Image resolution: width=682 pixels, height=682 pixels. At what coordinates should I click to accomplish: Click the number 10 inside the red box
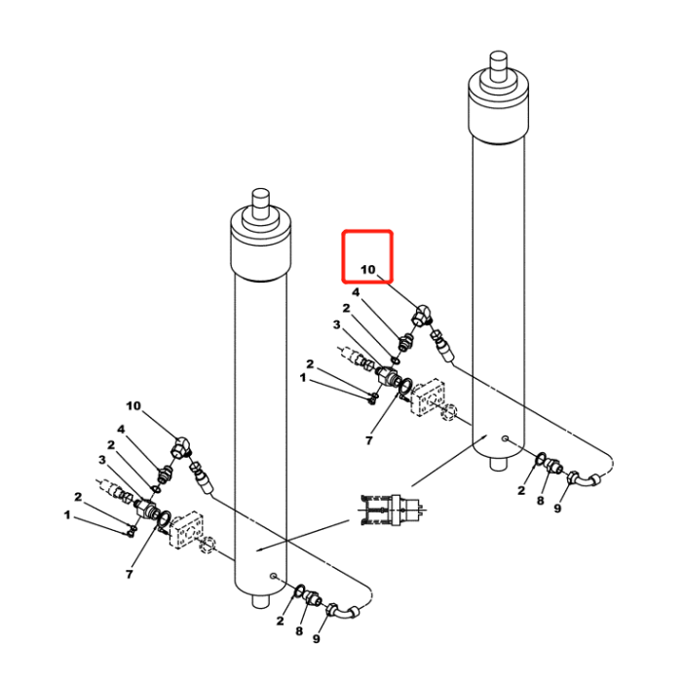click(367, 270)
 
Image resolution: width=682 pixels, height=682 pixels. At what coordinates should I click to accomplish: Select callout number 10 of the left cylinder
click(133, 405)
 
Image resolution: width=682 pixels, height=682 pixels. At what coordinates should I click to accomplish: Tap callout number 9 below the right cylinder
click(558, 508)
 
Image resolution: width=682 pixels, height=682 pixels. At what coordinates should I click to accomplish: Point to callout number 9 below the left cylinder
click(316, 639)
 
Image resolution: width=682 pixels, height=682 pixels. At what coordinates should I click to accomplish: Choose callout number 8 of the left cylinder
click(299, 630)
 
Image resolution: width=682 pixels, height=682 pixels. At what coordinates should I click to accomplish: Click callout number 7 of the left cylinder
click(129, 575)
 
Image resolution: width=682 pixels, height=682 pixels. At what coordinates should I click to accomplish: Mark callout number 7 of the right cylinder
click(369, 441)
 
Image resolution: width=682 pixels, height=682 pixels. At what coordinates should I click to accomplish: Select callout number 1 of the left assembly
click(68, 513)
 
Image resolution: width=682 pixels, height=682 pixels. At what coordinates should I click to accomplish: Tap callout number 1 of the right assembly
click(303, 376)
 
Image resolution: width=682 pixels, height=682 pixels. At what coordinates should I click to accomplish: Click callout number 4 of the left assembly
click(122, 429)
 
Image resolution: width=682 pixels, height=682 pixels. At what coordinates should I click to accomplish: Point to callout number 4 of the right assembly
click(356, 292)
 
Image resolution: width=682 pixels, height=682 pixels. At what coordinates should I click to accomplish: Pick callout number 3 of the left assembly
click(101, 460)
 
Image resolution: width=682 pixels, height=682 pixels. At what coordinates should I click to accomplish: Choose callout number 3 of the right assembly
click(336, 324)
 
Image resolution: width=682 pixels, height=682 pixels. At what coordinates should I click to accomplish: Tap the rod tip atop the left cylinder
click(260, 202)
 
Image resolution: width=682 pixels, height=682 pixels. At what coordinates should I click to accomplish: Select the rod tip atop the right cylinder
click(499, 63)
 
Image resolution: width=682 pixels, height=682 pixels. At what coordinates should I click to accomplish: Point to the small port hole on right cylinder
click(504, 439)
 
